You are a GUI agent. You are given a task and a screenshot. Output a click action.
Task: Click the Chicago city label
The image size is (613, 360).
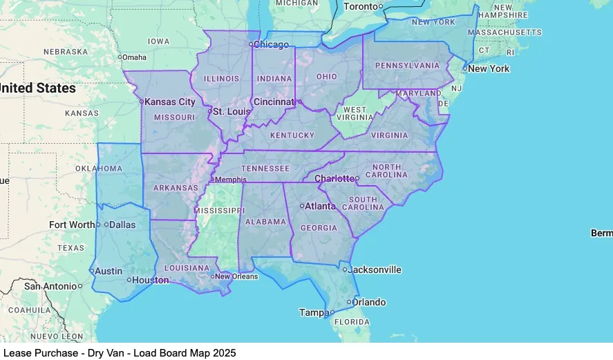pos(272,45)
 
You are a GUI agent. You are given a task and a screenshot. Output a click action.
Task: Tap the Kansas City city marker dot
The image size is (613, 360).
pos(141,102)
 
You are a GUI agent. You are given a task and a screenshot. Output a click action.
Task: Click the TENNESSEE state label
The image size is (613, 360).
pos(265,169)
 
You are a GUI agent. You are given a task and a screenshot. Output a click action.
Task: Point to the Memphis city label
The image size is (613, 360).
pos(231,180)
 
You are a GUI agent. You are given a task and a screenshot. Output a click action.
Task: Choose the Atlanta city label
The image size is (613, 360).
pos(321,206)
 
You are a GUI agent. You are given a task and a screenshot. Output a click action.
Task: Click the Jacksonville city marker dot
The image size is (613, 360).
pos(344,269)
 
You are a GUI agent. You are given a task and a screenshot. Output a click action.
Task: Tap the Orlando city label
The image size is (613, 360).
pos(370,302)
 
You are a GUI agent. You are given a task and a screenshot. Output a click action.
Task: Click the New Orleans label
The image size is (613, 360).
pos(236,276)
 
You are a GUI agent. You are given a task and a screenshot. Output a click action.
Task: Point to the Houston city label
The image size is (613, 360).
pos(151,280)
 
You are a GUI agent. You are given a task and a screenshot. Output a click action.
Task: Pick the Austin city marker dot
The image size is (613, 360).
pos(91,271)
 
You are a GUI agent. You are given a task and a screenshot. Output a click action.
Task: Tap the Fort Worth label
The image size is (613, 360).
pos(72,225)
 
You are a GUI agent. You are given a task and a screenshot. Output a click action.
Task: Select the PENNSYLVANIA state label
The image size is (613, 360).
pos(407,66)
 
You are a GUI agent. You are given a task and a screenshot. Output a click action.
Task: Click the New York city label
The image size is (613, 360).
pos(489,68)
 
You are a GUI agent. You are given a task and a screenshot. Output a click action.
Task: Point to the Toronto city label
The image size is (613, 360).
pos(361,6)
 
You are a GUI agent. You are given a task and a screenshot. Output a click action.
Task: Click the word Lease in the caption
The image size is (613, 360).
pos(17,352)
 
